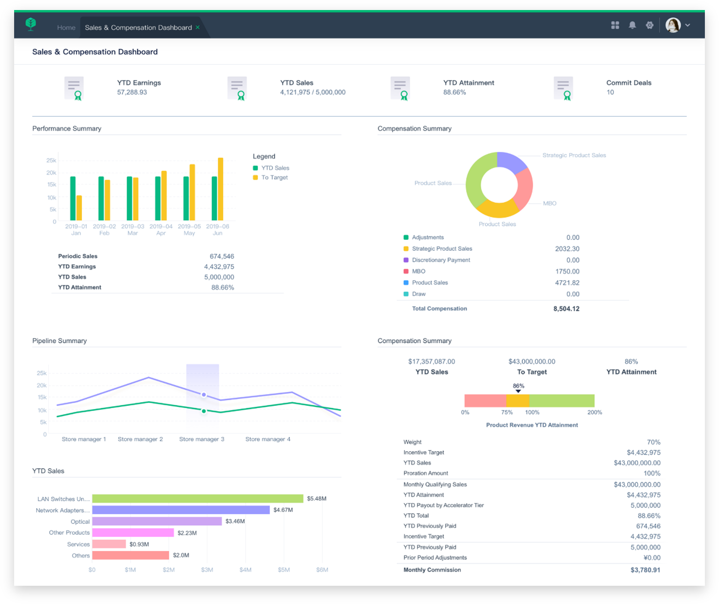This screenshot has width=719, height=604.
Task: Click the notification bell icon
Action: pos(632,25)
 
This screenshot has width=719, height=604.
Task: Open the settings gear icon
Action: pos(649,25)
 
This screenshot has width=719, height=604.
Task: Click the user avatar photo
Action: pos(673,25)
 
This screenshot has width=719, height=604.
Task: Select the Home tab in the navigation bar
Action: pos(66,28)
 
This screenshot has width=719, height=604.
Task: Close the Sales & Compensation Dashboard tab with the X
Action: pos(198,27)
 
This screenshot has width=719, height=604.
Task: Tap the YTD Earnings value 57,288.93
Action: pos(132,92)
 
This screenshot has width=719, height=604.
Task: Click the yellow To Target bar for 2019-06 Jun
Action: pos(221,189)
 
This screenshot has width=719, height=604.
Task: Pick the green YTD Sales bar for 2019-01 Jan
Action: pos(73,198)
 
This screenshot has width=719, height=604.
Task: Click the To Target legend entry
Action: pos(274,177)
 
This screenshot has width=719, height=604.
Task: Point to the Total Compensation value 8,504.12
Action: pos(566,309)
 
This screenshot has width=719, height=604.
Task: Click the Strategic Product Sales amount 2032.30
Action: pos(567,249)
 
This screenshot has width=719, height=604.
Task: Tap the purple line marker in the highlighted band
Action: pos(204,394)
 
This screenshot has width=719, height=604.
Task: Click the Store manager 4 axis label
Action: pos(267,439)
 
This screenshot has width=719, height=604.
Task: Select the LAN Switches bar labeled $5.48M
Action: pos(197,499)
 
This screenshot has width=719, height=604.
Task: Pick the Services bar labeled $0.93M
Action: pos(109,544)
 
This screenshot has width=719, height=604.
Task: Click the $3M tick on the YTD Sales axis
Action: pos(207,570)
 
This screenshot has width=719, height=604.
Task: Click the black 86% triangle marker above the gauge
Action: pos(518,391)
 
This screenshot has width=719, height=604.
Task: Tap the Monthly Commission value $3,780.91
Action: pos(645,570)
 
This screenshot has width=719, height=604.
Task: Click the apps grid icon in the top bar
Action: pos(615,25)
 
